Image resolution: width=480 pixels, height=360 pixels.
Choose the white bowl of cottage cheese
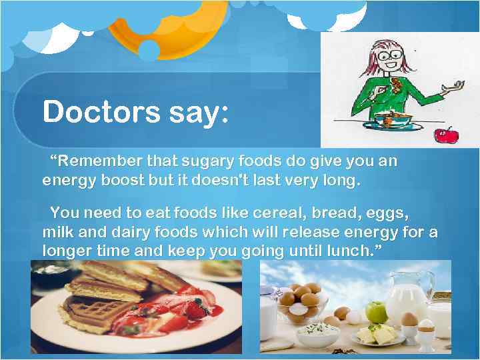(319, 332)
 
